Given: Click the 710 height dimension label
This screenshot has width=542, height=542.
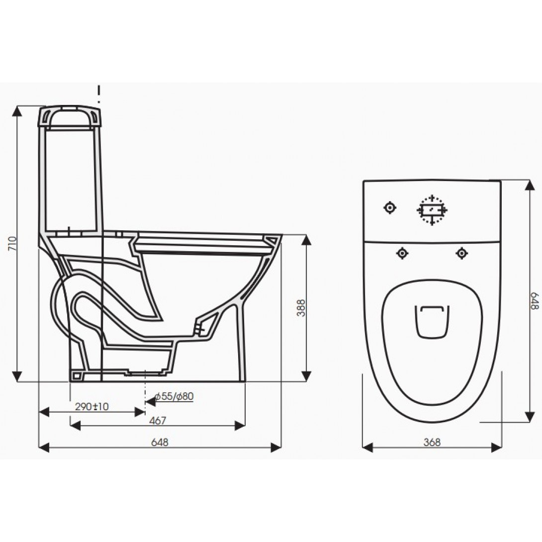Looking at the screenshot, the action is tap(12, 244).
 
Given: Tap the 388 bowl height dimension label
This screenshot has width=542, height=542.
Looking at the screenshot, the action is tap(301, 308).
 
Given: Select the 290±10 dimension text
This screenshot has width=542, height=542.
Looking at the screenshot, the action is tap(92, 407).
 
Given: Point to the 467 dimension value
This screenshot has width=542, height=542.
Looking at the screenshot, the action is tap(158, 421).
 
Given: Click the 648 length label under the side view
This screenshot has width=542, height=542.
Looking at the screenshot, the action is tap(160, 443).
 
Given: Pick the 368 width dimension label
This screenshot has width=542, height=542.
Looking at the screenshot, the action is tap(432, 442).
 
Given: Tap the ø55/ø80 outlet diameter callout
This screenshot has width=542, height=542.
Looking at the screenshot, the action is tap(175, 396).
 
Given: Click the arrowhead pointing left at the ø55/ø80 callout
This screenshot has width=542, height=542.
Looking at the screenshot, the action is tap(150, 401).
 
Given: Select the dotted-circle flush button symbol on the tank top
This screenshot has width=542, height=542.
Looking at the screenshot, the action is tap(432, 210).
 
